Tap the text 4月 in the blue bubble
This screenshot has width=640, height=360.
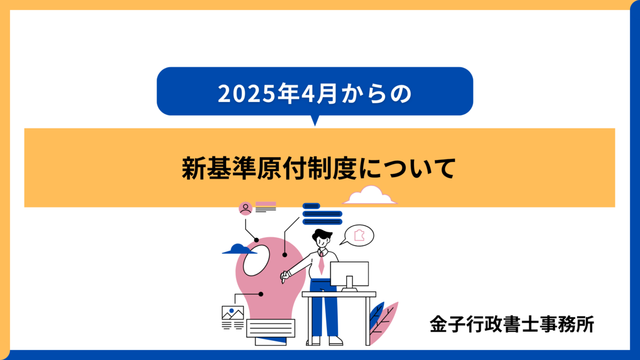click(x=319, y=93)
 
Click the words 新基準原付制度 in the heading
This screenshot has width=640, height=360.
click(x=269, y=169)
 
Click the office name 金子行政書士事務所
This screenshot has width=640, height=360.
click(x=512, y=324)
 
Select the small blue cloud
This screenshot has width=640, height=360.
click(x=239, y=249)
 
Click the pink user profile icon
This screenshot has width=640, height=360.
click(x=245, y=209)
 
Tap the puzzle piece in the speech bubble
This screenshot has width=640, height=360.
click(x=359, y=235)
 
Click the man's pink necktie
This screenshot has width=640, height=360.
click(x=322, y=263)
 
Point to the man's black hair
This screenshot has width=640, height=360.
click(x=322, y=235)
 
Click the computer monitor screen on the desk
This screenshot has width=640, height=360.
click(x=349, y=274)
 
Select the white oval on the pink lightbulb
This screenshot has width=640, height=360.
click(x=257, y=260)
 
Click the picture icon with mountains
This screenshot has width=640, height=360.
click(x=233, y=313)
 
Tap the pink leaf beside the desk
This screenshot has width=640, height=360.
click(x=385, y=323)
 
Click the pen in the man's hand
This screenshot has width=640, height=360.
click(x=284, y=277)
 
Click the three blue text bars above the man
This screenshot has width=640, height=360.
click(x=322, y=214)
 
